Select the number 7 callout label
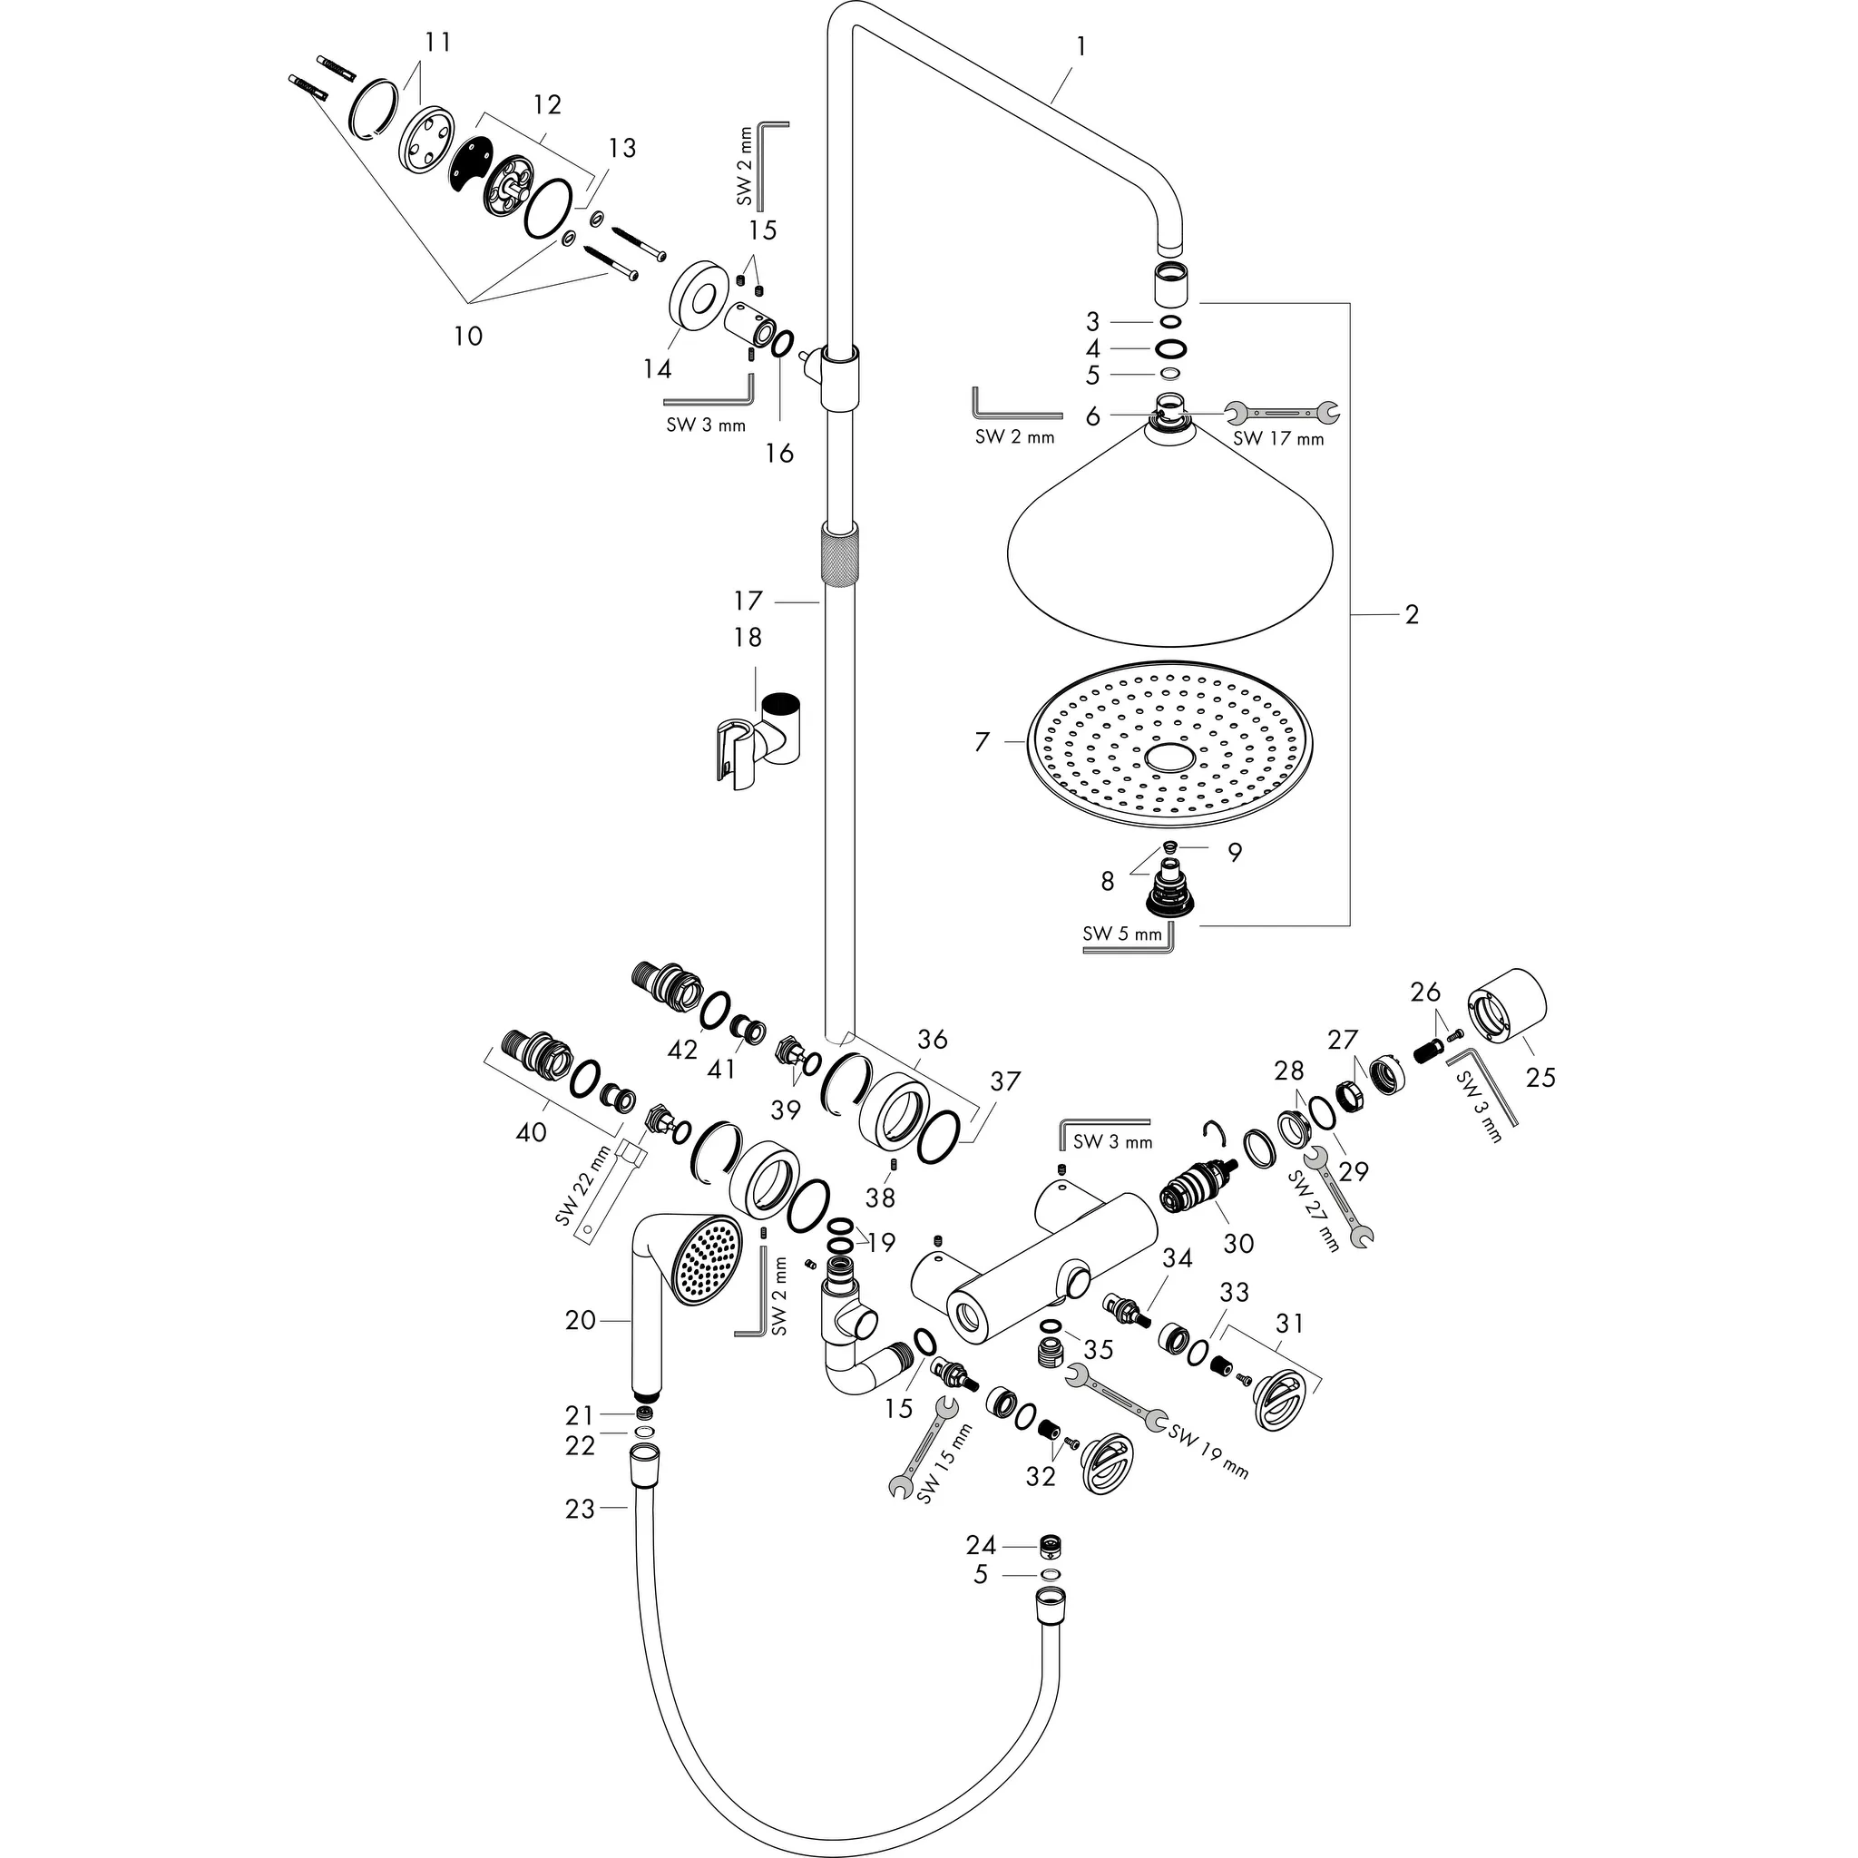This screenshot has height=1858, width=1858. coord(982,741)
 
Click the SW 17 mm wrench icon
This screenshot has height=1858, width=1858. coord(1283,414)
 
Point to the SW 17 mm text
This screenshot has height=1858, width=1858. coord(1278,439)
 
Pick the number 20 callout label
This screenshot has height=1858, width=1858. coord(581,1320)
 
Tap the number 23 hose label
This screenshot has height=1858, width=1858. coord(580,1509)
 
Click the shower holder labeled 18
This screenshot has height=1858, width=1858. coord(759,740)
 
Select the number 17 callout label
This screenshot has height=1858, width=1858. coord(748,601)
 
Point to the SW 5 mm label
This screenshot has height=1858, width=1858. coord(1122,932)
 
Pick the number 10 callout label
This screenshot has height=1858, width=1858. coord(468,337)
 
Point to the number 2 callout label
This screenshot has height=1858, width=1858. coord(1411,613)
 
